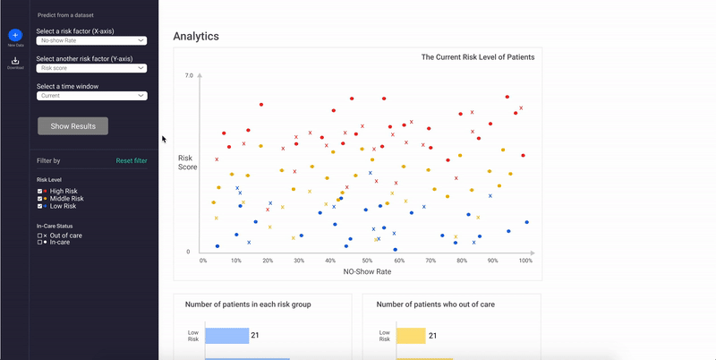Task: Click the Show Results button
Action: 72,126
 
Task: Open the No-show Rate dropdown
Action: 91,40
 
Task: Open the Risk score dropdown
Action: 91,67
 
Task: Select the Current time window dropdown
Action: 91,95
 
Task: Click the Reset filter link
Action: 132,161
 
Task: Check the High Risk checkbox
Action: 39,191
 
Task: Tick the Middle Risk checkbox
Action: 39,198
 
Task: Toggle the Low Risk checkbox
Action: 39,206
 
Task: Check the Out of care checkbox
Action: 39,236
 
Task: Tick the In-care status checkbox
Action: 39,243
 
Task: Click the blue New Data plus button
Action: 15,34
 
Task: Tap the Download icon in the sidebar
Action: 15,61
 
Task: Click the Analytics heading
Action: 196,37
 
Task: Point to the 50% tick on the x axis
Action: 367,261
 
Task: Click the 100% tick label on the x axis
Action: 525,261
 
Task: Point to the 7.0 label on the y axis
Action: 188,76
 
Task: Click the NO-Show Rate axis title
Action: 367,271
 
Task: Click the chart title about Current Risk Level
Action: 478,57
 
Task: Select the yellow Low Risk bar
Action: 411,336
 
